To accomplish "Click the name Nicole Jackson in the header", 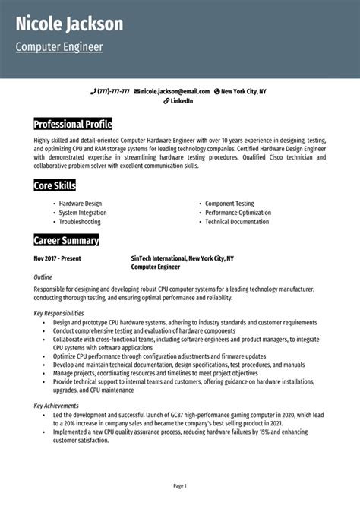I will (69, 24).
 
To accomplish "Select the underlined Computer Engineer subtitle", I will (59, 47).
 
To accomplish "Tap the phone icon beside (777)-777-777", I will (93, 91).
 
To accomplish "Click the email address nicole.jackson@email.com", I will (175, 91).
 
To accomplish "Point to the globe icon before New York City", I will (217, 91).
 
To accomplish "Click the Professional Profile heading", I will (73, 123).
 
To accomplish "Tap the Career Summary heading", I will (66, 241).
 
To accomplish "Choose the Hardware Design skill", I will (80, 204).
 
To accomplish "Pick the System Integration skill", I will (84, 213).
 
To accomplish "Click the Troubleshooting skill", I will (80, 222).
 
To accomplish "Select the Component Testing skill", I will (229, 204).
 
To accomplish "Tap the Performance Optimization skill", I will (238, 213).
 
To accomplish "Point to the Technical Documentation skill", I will (237, 222).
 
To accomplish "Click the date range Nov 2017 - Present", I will (58, 258).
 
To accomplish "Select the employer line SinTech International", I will (182, 258).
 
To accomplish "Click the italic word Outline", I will (43, 278).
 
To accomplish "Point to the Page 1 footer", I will (180, 485).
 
